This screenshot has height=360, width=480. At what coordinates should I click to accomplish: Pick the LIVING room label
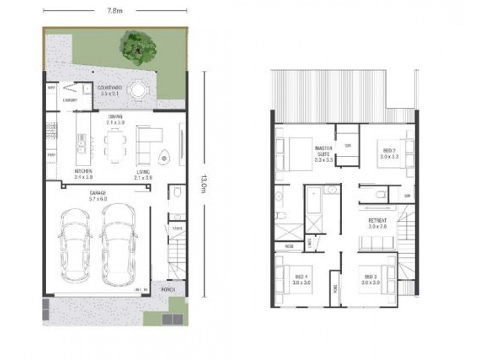coord(142,172)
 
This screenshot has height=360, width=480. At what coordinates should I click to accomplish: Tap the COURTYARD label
coord(110,88)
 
